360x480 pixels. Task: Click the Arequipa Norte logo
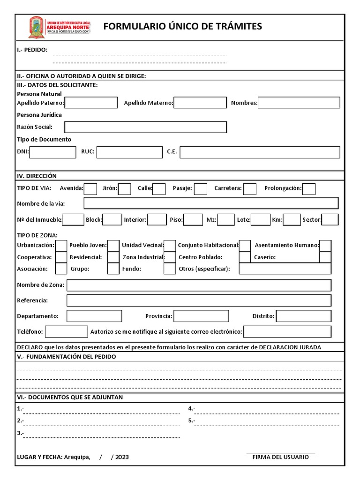pos(60,27)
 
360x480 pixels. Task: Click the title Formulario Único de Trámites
pos(182,27)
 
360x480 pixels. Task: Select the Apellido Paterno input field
pos(91,103)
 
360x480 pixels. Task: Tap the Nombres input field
pos(299,103)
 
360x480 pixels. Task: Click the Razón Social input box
pos(145,127)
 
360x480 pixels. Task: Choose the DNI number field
pos(52,152)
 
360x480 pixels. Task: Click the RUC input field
pos(129,152)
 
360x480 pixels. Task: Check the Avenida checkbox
pos(90,188)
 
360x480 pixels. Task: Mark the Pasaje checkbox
pos(201,188)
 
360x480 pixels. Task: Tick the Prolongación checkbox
pos(309,188)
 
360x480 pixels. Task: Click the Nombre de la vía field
pos(211,203)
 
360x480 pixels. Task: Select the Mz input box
pos(226,219)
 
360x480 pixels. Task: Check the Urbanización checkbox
pos(61,245)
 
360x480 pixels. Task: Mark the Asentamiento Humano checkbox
pos(325,245)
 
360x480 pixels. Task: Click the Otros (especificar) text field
pos(285,269)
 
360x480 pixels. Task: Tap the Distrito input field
pos(303,316)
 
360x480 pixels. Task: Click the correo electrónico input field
pos(287,331)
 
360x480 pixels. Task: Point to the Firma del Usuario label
pos(280,457)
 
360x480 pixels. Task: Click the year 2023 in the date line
pos(122,457)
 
